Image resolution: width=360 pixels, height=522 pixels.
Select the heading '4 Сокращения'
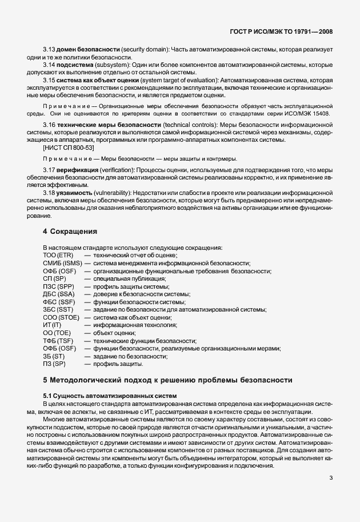point(71,232)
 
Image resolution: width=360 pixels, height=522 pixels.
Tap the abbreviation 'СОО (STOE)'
point(61,317)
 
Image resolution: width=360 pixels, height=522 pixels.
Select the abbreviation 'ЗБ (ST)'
point(54,356)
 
